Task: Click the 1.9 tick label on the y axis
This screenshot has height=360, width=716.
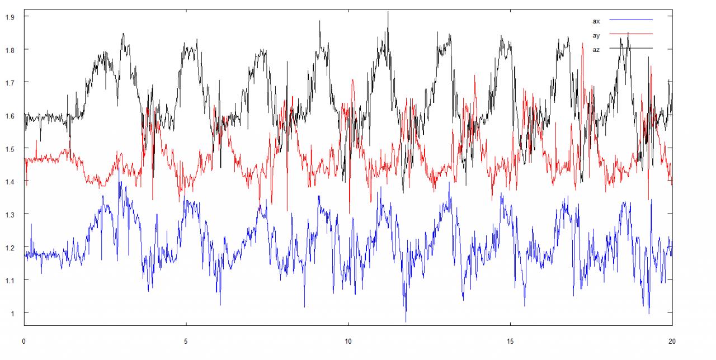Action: (9, 17)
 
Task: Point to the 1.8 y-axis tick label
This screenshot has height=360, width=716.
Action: (9, 50)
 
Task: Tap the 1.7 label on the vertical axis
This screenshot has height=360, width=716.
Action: (9, 83)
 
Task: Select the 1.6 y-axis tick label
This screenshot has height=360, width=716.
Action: (9, 116)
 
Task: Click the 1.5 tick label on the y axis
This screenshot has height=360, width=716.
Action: (9, 149)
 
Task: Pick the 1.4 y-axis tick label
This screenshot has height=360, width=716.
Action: (9, 182)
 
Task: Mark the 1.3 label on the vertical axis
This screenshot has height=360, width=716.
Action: (9, 215)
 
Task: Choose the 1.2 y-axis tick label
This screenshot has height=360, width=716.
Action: (9, 247)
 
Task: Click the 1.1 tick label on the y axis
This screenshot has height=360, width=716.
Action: (9, 280)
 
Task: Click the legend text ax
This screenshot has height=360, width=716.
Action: (596, 21)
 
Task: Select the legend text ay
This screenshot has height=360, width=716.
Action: (596, 35)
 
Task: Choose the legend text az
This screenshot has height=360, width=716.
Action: (596, 49)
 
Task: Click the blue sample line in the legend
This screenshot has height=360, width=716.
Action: (631, 20)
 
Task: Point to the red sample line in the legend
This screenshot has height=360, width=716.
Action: (631, 35)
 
